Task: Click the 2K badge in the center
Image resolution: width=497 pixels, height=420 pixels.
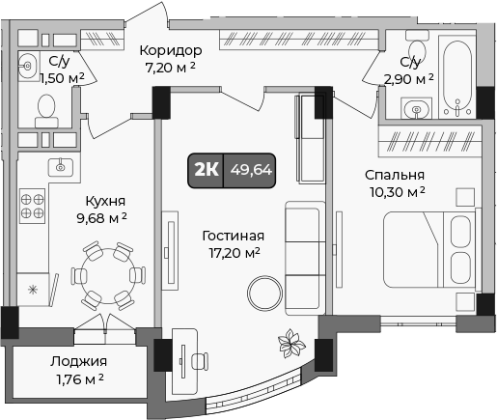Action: (x=206, y=170)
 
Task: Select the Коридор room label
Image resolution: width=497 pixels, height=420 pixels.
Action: (x=169, y=51)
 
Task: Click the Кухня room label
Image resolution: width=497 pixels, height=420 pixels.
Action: (x=104, y=201)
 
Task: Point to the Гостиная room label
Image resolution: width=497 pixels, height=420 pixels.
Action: (x=232, y=236)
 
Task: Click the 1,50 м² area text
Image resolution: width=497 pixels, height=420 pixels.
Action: (x=67, y=77)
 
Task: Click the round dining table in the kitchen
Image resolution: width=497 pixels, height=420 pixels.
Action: (x=107, y=273)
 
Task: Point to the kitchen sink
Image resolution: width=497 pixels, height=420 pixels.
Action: (x=61, y=166)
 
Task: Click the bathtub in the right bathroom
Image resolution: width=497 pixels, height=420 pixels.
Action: (x=454, y=72)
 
